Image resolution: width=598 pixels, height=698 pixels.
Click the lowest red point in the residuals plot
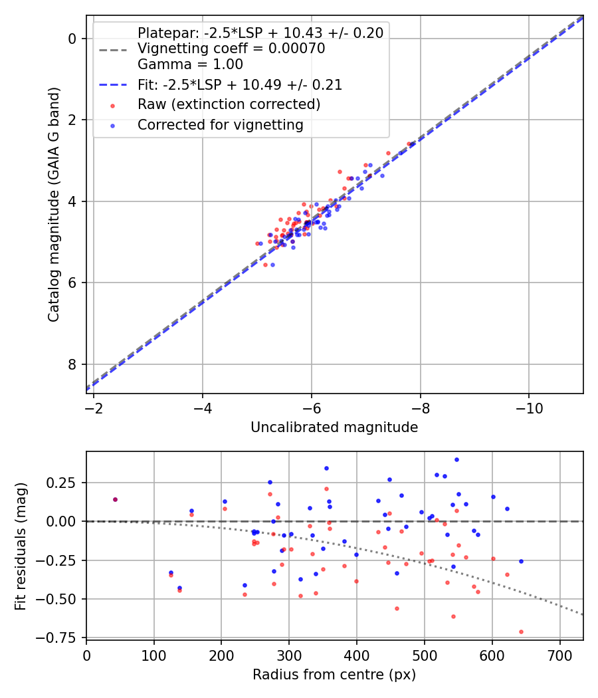(521, 632)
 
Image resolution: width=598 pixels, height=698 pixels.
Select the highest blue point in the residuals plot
(456, 459)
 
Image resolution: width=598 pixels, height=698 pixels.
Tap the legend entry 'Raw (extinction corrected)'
(229, 104)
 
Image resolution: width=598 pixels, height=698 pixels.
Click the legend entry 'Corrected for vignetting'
(220, 125)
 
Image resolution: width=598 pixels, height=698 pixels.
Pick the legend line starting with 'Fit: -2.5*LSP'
(239, 84)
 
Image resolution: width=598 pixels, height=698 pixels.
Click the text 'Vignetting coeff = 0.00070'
(231, 49)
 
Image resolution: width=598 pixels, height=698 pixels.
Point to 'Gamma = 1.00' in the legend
(190, 64)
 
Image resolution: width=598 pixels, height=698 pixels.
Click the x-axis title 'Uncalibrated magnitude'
(334, 427)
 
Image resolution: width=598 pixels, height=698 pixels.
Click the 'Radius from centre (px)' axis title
(334, 675)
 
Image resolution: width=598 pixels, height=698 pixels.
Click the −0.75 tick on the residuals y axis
(63, 638)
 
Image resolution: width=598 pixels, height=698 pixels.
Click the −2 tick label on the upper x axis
(94, 407)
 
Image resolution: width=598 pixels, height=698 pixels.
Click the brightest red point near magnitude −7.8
(409, 144)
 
